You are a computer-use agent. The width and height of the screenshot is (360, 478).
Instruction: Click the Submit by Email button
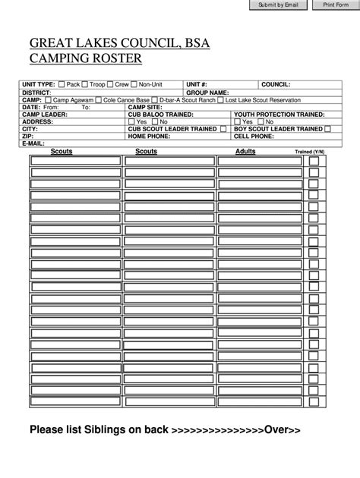click(279, 5)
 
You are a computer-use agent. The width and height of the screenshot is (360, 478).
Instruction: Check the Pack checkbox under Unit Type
click(62, 84)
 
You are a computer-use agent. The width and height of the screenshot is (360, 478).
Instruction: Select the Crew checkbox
click(110, 84)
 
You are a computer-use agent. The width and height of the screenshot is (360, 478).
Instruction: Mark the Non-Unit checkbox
click(134, 84)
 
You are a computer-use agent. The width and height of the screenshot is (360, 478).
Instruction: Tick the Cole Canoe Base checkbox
click(97, 99)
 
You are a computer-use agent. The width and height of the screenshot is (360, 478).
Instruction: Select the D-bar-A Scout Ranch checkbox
click(155, 99)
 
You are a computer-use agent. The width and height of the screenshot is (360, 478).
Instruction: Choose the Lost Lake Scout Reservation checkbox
click(220, 99)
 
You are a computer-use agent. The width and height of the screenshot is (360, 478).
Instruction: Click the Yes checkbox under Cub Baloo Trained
click(131, 121)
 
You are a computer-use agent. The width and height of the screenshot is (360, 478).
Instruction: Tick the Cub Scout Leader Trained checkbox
click(223, 129)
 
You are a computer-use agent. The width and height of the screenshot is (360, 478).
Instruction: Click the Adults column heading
click(245, 152)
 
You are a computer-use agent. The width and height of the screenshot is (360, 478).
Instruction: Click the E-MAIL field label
click(33, 143)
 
